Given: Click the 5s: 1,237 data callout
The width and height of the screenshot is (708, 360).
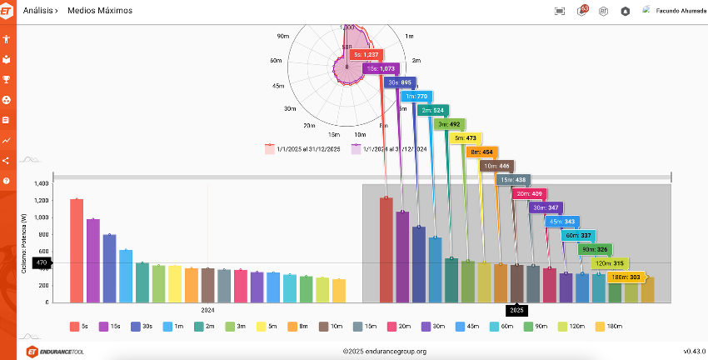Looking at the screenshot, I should click(x=365, y=54).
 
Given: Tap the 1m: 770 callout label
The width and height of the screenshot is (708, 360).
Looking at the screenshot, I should click(x=416, y=97).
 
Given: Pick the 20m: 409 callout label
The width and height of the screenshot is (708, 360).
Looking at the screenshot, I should click(x=530, y=193).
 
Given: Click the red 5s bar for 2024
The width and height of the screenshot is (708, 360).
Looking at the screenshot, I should click(x=77, y=250).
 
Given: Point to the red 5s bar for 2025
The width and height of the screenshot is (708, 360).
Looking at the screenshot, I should click(x=386, y=249).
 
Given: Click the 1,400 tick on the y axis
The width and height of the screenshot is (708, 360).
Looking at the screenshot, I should click(x=41, y=184).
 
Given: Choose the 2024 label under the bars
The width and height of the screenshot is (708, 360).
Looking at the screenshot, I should click(x=208, y=310).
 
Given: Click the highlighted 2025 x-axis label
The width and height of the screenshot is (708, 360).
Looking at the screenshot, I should click(x=516, y=310).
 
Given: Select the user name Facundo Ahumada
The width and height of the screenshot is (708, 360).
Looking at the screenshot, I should click(x=681, y=11).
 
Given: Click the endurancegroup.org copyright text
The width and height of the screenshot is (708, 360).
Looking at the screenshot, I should click(x=385, y=352).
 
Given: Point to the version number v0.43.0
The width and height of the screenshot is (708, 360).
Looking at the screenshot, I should click(x=694, y=352).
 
